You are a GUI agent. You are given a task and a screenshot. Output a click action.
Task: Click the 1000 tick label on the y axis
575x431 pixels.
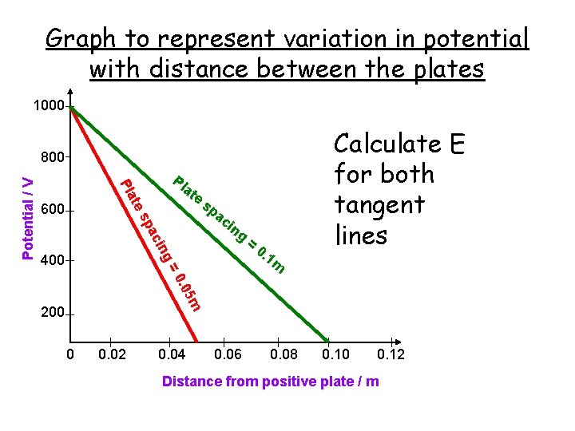point(48,106)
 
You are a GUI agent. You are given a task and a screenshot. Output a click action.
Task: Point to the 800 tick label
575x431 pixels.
point(51,158)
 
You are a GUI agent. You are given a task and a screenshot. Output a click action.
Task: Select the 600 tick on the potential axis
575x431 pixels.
point(51,211)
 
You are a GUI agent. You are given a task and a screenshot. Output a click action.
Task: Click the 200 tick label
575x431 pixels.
point(51,314)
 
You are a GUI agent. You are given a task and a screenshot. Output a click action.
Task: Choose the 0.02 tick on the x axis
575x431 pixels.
point(111,354)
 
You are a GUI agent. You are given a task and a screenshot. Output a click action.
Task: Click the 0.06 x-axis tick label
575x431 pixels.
point(229,354)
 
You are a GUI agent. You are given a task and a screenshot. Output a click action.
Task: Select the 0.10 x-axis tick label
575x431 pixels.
point(336,354)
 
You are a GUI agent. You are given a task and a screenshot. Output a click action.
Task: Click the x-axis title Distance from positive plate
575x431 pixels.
point(271,382)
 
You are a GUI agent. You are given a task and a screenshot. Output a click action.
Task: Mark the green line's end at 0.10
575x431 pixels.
point(328,338)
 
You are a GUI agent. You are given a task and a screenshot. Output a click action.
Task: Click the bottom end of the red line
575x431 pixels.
point(197,337)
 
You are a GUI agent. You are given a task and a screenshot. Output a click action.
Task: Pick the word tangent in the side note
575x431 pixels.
point(379,205)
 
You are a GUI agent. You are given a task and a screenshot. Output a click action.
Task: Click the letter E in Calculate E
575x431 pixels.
point(457,145)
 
